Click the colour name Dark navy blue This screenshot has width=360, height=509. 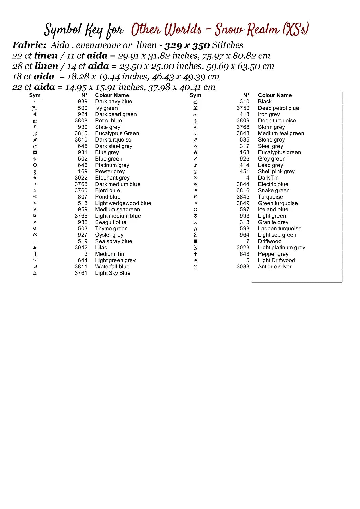113,102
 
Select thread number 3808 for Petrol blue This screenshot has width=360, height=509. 81,121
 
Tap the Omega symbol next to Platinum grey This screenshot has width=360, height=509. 35,165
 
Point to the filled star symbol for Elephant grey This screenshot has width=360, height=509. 35,178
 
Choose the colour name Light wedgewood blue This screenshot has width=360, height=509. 123,203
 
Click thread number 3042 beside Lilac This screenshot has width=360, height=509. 81,248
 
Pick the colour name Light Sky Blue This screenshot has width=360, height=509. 112,273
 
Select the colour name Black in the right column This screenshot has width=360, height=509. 265,102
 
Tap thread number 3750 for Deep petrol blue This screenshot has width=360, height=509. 243,108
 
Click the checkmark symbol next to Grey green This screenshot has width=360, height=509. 195,159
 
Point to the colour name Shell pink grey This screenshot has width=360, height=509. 276,172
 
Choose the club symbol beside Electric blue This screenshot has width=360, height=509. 195,184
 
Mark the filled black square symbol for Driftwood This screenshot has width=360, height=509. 195,241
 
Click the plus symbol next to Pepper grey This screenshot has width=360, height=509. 195,254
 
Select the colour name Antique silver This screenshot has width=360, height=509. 274,267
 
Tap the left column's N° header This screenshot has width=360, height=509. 84,95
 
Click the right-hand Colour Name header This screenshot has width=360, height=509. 275,95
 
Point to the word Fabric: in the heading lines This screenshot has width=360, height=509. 29,45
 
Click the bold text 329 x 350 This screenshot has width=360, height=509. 187,45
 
